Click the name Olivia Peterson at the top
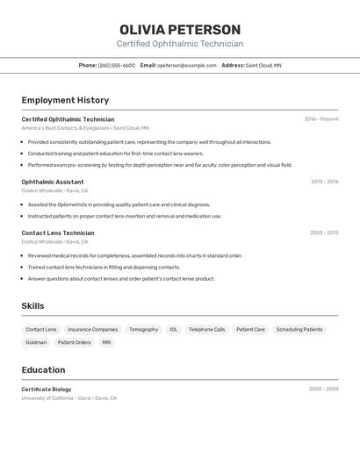pos(180,30)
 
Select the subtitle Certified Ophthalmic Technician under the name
pos(180,44)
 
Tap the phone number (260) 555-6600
pos(117,66)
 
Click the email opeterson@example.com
pos(187,66)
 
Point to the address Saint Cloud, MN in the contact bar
pos(263,66)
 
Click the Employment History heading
pos(65,100)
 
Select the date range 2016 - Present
pos(321,119)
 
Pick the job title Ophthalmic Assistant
pos(53,182)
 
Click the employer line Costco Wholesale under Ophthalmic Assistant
pos(54,190)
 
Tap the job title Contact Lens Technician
pos(58,232)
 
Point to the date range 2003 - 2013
pos(324,232)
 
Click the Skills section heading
pos(32,306)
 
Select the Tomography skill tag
pos(144,330)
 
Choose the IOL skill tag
pos(174,330)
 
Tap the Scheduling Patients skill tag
pos(299,330)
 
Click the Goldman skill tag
pos(36,342)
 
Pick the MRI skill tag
pos(106,342)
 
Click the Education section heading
pos(43,370)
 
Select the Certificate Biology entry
pos(47,389)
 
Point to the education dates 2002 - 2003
pos(323,389)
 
